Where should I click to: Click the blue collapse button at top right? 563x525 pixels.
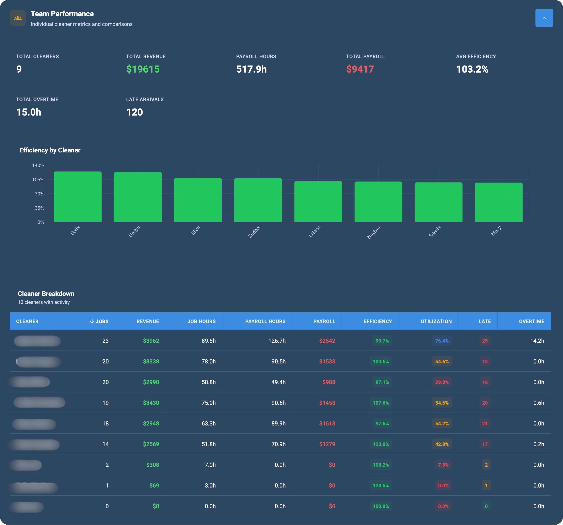[544, 18]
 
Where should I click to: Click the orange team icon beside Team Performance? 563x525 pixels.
[18, 18]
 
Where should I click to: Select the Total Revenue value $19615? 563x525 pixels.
[143, 69]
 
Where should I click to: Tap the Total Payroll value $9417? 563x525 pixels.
[360, 69]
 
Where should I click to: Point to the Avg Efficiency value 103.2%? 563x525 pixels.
[472, 69]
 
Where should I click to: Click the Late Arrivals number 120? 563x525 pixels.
[134, 112]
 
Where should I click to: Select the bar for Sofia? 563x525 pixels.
[78, 197]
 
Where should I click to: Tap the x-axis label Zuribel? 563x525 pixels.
[254, 232]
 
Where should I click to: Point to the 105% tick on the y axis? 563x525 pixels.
[38, 179]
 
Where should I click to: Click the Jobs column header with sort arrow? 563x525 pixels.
[99, 321]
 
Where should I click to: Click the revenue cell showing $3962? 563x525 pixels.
[151, 341]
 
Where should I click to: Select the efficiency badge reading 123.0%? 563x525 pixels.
[381, 444]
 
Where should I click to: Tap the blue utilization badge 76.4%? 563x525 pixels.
[442, 341]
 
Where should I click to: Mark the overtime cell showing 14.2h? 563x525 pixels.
[537, 341]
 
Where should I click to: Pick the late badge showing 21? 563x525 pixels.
[485, 423]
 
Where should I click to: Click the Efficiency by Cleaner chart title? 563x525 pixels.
[50, 150]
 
